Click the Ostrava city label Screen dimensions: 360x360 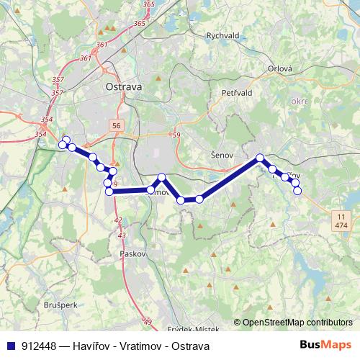pyautogui.click(x=124, y=86)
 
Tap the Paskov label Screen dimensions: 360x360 pyautogui.click(x=135, y=254)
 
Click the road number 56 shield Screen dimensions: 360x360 pyautogui.click(x=117, y=125)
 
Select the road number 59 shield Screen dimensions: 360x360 pyautogui.click(x=176, y=135)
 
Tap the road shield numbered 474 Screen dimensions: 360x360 pyautogui.click(x=341, y=225)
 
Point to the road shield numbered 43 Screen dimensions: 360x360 pyautogui.click(x=121, y=235)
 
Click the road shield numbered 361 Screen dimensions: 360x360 pyautogui.click(x=86, y=58)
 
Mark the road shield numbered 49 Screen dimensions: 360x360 pyautogui.click(x=148, y=322)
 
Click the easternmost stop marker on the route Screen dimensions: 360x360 pyautogui.click(x=297, y=190)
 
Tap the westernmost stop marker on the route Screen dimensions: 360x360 pyautogui.click(x=63, y=145)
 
